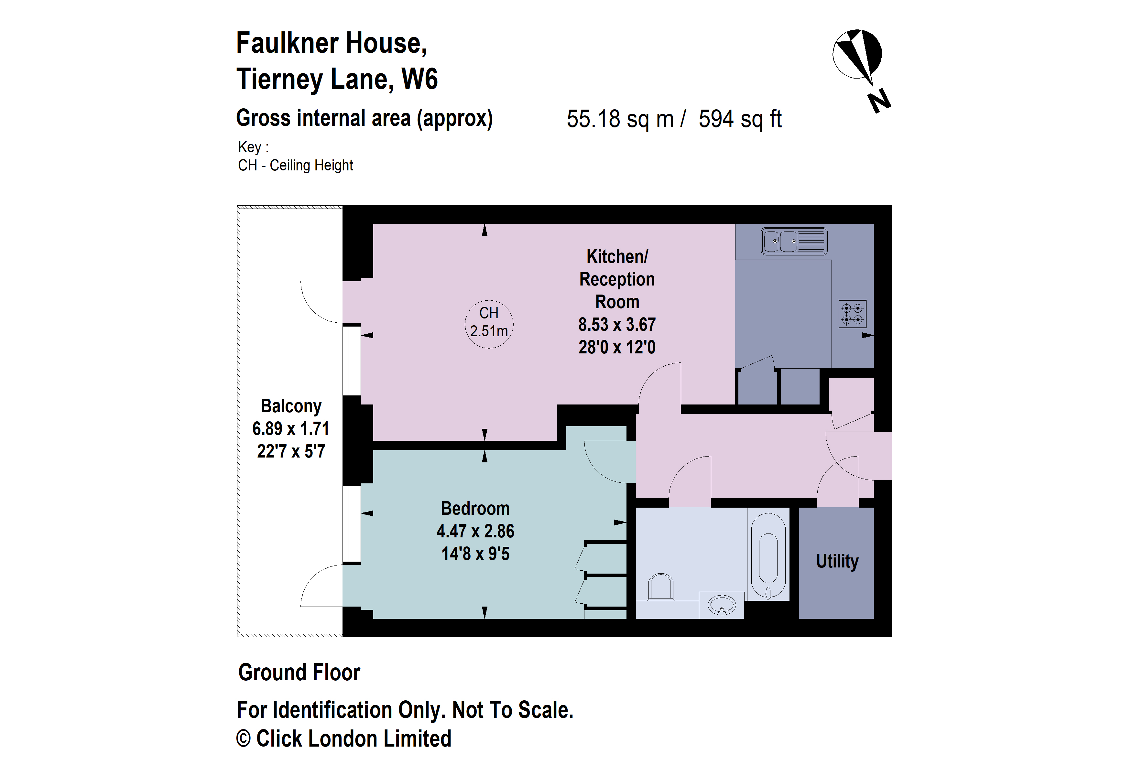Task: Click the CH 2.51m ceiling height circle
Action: click(489, 323)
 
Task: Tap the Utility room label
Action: click(837, 561)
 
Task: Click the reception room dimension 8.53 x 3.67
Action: click(617, 325)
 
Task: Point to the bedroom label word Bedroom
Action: click(475, 508)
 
